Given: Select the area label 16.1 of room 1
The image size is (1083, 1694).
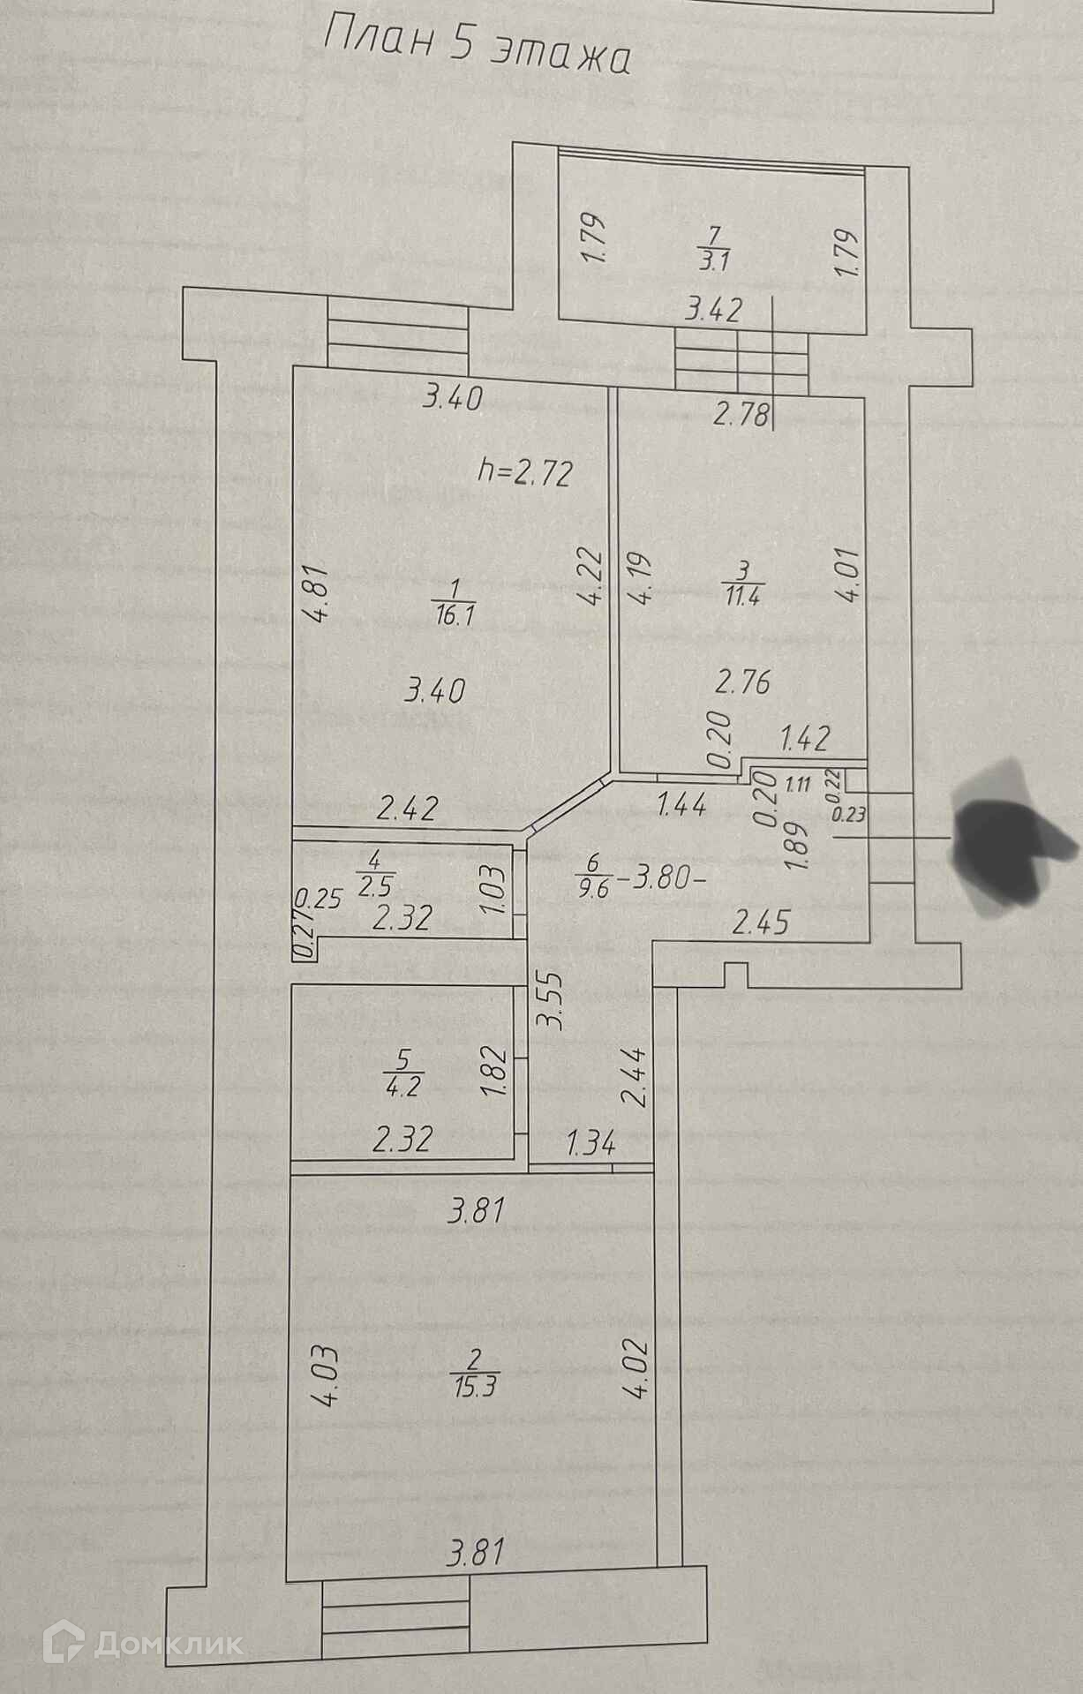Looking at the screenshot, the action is [455, 615].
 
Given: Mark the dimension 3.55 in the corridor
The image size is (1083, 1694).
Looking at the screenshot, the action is [552, 1000].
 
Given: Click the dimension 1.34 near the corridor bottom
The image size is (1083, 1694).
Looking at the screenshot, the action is [590, 1145].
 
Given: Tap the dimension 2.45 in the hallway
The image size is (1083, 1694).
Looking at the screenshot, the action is [761, 923].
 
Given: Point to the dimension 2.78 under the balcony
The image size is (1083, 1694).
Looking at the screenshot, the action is [741, 413].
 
